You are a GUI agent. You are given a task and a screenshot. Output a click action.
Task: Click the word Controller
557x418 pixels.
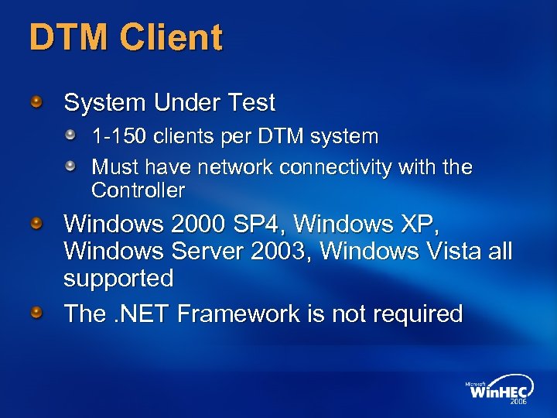point(138,190)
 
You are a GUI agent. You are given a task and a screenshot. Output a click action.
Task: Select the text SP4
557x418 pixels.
point(260,224)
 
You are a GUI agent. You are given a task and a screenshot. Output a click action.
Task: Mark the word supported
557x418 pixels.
point(118,279)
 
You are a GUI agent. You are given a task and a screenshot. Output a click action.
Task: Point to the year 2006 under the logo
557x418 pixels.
point(518,403)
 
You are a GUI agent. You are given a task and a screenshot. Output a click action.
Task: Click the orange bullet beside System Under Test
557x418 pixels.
point(36,101)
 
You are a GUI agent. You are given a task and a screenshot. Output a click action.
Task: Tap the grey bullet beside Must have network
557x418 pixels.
point(70,166)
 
